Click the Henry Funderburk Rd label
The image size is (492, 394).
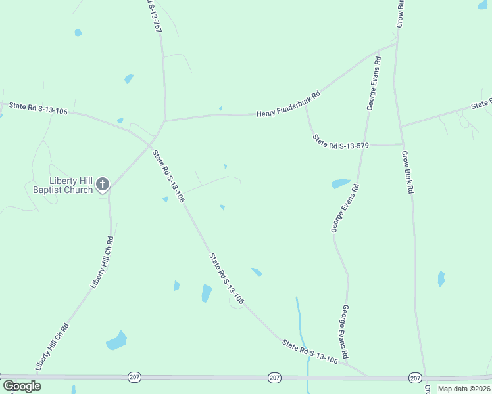click(x=287, y=104)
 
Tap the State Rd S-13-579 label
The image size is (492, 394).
click(x=340, y=141)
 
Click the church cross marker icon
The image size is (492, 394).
click(x=102, y=185)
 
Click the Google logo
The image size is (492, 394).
click(x=22, y=385)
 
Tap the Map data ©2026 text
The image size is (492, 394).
click(x=464, y=389)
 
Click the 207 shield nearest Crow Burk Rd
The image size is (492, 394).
click(x=414, y=378)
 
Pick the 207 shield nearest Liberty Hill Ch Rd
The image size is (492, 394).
click(x=134, y=377)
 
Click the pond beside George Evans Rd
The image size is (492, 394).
click(x=341, y=184)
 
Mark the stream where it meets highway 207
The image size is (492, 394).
click(x=308, y=378)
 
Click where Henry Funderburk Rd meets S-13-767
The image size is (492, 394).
click(x=164, y=121)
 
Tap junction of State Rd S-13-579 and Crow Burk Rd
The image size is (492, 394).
click(x=402, y=144)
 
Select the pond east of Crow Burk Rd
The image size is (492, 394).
click(x=441, y=278)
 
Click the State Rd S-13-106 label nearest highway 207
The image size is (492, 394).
click(x=310, y=351)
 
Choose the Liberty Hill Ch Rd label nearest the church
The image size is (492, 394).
click(x=102, y=263)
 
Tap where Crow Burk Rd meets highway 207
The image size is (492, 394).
click(x=426, y=378)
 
